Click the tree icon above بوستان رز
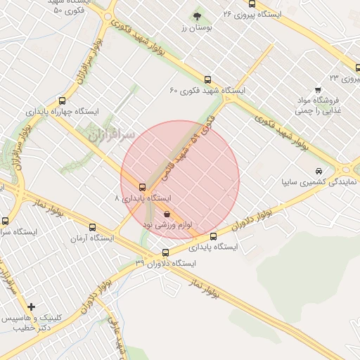(196, 16)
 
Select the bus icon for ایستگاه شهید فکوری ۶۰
(207, 79)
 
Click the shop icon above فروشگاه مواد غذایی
(318, 89)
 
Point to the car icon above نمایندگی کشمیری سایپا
(319, 171)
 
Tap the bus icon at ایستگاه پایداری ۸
(143, 187)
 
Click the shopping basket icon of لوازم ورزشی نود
(167, 214)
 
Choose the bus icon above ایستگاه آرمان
(93, 227)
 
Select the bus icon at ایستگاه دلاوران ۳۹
(165, 252)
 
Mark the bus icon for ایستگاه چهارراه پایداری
(63, 101)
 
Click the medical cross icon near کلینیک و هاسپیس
(31, 307)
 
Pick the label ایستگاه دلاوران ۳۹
(169, 263)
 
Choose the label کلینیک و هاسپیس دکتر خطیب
(28, 323)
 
